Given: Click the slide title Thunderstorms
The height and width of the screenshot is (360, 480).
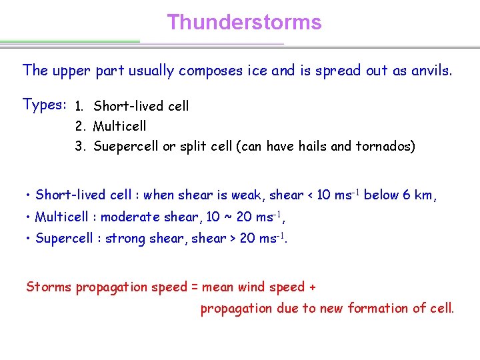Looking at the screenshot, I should pos(244,22).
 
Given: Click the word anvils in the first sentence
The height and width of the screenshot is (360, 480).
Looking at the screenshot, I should pos(431,70).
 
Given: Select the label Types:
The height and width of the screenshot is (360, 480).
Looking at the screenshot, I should pos(44,105).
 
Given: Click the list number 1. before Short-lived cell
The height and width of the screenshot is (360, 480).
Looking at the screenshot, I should pos(79,106).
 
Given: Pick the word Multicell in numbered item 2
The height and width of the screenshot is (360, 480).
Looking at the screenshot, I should pos(119,126).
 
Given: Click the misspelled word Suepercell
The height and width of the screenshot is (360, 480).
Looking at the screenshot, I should pos(126,146).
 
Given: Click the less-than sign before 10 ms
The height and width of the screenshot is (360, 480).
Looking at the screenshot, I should pos(310,195).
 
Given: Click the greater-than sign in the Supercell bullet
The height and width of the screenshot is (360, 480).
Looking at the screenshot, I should pos(229,238).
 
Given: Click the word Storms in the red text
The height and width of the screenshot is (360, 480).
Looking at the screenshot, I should pos(48,287).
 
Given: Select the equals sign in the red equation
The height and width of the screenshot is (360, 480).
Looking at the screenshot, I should pos(195,287).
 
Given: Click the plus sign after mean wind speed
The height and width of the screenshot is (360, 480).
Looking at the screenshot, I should pos(312,287).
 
